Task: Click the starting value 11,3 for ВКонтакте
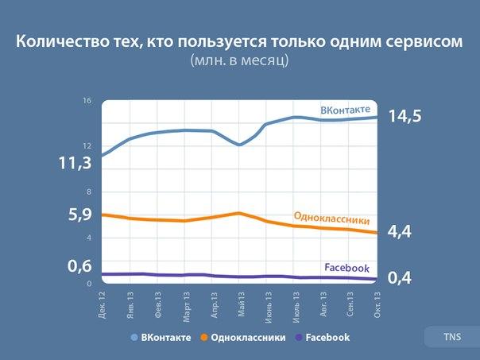click(75, 163)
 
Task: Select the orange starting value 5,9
click(75, 215)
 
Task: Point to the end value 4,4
click(403, 231)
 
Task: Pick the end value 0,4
click(403, 277)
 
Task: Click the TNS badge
click(452, 337)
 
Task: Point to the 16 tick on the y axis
click(87, 101)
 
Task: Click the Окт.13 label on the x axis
click(377, 305)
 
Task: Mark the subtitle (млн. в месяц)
click(239, 60)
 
